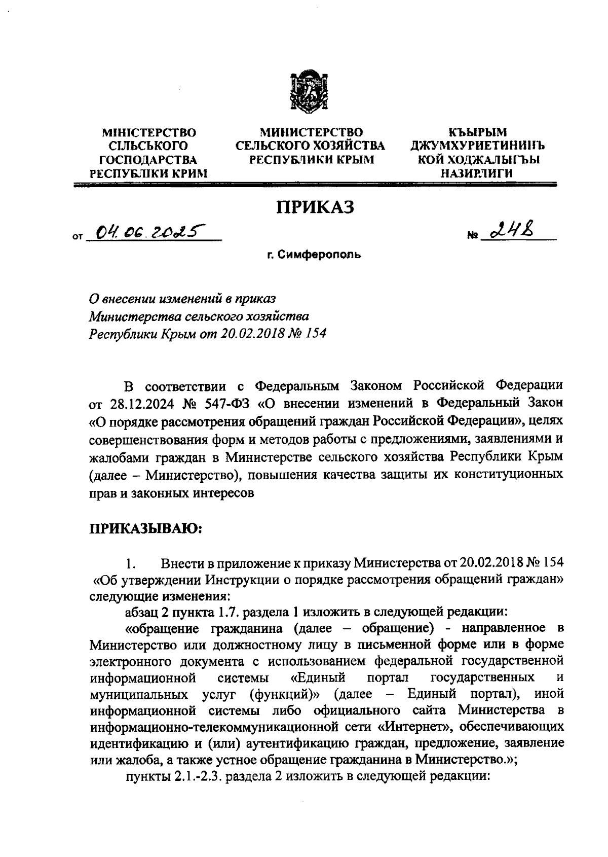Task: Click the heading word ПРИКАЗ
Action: click(314, 207)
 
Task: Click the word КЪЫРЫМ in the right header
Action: click(479, 133)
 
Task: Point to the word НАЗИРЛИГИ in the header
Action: click(479, 173)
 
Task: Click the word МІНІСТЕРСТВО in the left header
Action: click(149, 133)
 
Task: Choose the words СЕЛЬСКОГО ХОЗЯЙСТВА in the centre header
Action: click(311, 146)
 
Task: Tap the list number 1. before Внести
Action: click(131, 564)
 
